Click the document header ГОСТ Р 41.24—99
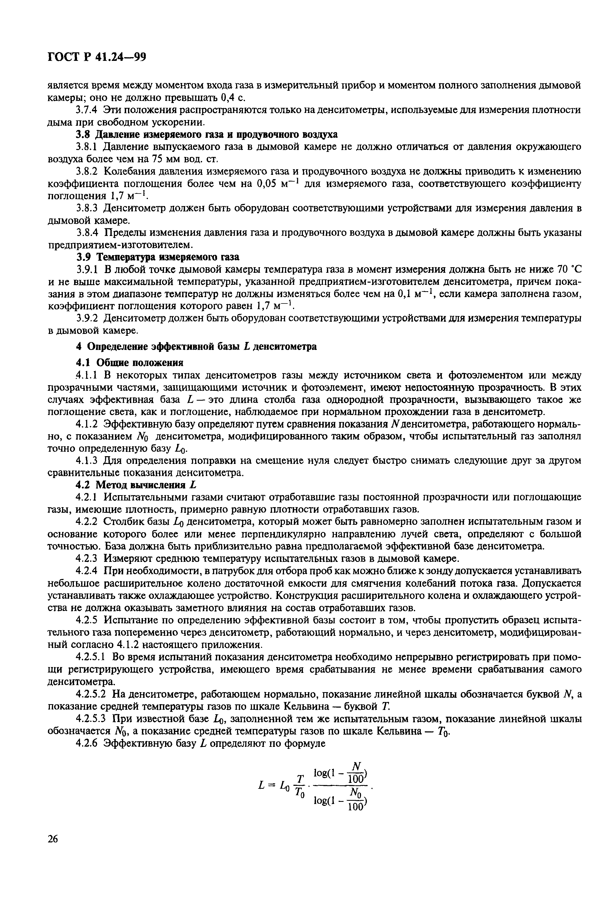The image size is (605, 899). tap(97, 57)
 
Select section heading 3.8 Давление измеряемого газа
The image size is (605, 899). tap(206, 134)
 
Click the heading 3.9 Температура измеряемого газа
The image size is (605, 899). tap(157, 257)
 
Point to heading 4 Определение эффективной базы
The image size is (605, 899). tap(196, 346)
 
